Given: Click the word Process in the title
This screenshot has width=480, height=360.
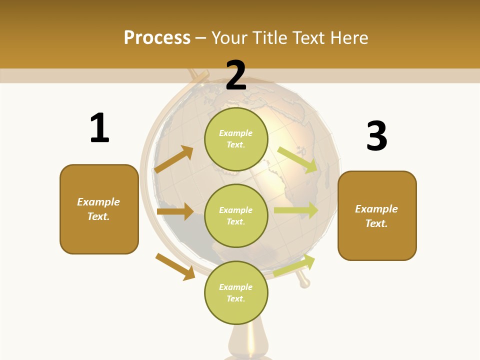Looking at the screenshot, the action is coord(157,38).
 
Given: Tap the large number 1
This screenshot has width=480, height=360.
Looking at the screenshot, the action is coord(99,128).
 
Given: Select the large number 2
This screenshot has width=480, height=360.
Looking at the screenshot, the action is coord(236,75).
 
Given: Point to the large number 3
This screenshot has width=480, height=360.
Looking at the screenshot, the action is coord(376,136).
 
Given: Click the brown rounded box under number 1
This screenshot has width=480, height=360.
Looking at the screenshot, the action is coord(99,209).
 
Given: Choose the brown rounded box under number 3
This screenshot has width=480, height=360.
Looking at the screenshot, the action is coord(377,215).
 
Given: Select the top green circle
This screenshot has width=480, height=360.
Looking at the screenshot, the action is coord(236,139).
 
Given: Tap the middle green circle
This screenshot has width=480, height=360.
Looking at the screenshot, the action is coord(236,215).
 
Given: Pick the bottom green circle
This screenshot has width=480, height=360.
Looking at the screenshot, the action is coord(236,292).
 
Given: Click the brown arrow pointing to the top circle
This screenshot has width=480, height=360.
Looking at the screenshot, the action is coord(173,159).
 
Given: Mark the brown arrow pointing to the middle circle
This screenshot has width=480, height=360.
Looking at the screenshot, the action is coord(175,211).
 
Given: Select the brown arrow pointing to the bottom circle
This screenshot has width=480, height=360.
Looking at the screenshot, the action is coord(175,266).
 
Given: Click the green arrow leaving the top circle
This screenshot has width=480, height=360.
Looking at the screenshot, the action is coord(297,160).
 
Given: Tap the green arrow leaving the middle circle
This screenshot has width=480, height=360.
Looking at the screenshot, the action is coord(296,210).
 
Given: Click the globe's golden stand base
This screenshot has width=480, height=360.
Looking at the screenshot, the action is coord(248,345).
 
